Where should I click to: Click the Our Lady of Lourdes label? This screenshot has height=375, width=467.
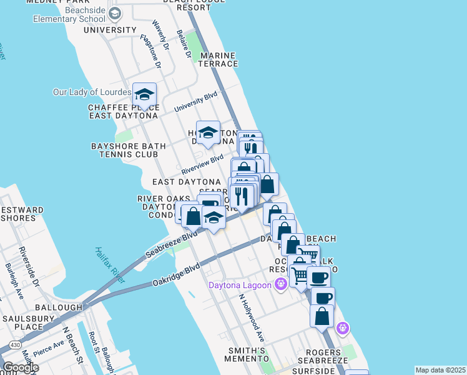(x=92, y=92)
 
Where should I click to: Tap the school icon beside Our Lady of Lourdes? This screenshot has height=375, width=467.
(x=144, y=96)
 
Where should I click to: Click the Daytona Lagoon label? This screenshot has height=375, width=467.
(x=240, y=286)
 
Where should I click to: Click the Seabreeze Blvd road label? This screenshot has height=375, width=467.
(x=171, y=244)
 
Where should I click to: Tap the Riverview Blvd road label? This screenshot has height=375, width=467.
(x=202, y=164)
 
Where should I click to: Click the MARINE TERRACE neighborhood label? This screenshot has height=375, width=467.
(x=219, y=59)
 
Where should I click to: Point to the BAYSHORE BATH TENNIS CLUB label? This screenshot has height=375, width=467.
(x=129, y=151)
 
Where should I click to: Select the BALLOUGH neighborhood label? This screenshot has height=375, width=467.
(x=59, y=307)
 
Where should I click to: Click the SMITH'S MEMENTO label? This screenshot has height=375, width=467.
(x=247, y=354)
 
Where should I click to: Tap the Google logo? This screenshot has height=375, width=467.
(x=20, y=367)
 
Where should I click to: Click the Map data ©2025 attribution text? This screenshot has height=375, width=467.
(x=441, y=370)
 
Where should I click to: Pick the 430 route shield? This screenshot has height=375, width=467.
(x=14, y=346)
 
